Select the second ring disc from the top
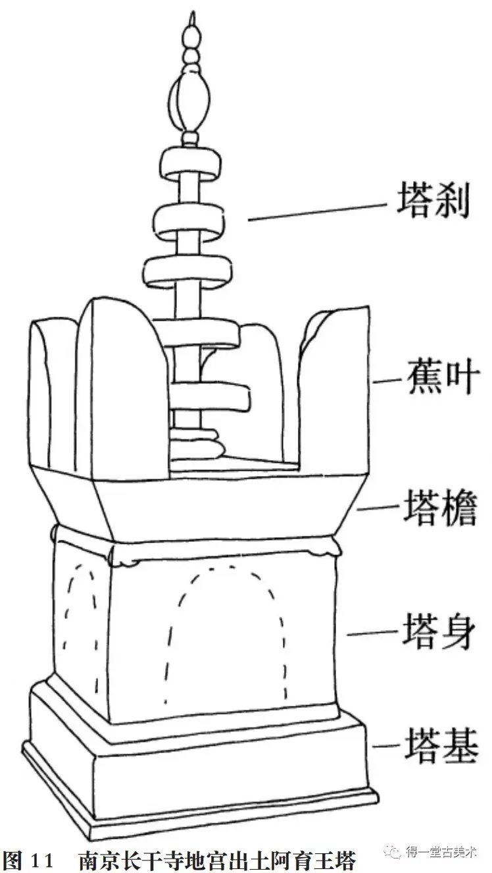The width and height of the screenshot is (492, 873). [x=186, y=221]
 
